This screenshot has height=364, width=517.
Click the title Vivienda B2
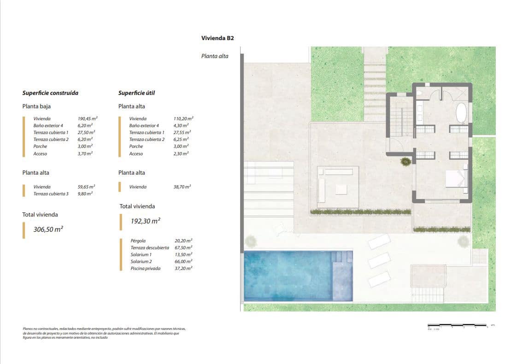[x=217, y=38]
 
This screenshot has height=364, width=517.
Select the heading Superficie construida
[x=50, y=93]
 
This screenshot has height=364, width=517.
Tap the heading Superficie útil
[x=136, y=93]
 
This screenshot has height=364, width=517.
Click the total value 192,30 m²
[x=145, y=221]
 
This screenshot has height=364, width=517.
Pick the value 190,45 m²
[x=88, y=118]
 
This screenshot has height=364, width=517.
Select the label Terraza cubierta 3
[x=51, y=194]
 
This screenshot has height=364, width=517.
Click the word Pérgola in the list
[x=138, y=241]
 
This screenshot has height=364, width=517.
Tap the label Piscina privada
[x=146, y=268]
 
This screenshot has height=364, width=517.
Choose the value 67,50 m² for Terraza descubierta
[x=183, y=247]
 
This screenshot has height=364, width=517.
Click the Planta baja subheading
[x=36, y=106]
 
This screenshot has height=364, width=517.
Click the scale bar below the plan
[x=458, y=326]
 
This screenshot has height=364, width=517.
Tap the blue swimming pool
[x=288, y=276]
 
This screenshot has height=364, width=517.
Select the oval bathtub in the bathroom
[x=461, y=112]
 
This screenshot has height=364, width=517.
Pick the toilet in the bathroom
[x=419, y=94]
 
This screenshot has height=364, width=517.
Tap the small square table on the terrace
[x=341, y=189]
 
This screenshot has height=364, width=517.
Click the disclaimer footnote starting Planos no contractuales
[x=104, y=333]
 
